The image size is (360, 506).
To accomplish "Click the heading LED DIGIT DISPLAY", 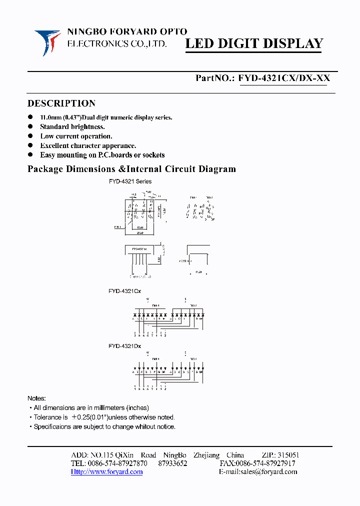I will pyautogui.click(x=254, y=44).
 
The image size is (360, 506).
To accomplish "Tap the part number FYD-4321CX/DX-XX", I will pyautogui.click(x=284, y=78).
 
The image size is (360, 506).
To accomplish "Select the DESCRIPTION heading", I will pyautogui.click(x=61, y=103).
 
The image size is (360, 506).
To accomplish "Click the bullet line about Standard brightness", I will pyautogui.click(x=72, y=127).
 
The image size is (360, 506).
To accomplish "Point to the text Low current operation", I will pyautogui.click(x=76, y=136).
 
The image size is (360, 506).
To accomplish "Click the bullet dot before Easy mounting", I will pyautogui.click(x=30, y=155).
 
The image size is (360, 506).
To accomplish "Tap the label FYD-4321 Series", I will pyautogui.click(x=130, y=181).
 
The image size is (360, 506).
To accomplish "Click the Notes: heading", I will pyautogui.click(x=36, y=398).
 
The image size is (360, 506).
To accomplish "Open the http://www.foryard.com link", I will pyautogui.click(x=106, y=472).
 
